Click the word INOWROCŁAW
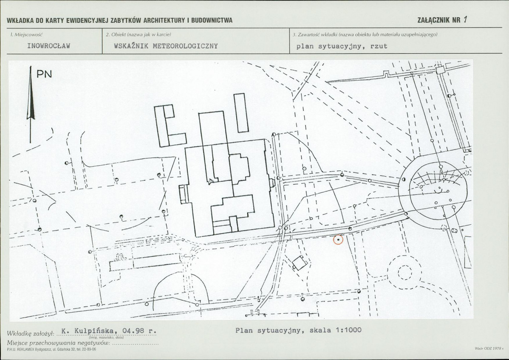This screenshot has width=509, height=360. coord(49,46)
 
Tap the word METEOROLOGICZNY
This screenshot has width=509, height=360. coord(185,46)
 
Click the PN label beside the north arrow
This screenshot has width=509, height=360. coord(44,74)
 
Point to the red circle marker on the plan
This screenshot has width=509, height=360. coord(338,240)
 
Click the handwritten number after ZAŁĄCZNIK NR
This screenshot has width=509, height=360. coord(465,20)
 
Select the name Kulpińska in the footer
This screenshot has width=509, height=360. coord(94,331)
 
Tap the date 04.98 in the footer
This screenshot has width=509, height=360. coord(133,331)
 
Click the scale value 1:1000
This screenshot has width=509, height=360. coord(348,330)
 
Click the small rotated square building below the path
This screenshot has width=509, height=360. coord(299,262)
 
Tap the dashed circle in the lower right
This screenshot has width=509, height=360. coord(404,273)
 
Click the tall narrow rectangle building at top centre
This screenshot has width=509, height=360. coord(240,113)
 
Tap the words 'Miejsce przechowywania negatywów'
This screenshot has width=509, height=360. coord(59,343)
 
